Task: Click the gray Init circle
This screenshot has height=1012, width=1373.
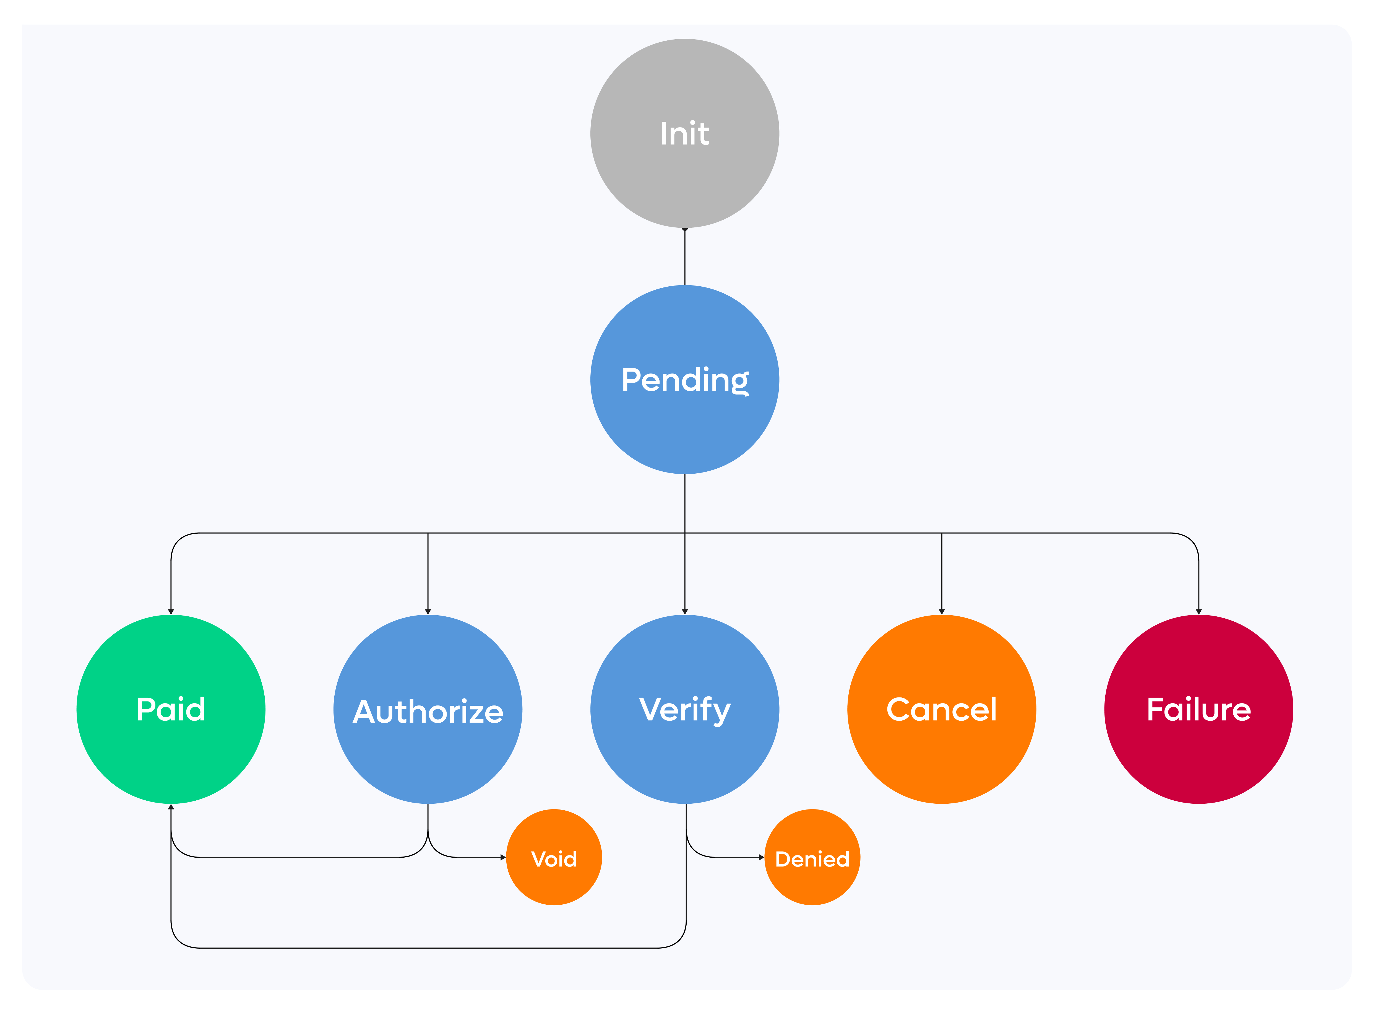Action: (x=685, y=134)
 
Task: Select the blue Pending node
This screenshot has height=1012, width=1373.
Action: (x=685, y=380)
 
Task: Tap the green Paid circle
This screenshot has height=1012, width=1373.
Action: (x=171, y=709)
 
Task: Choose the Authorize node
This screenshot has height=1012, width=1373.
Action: (x=428, y=709)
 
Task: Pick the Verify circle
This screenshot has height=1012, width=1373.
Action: (x=685, y=709)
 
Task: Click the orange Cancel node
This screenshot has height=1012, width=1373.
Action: (x=942, y=709)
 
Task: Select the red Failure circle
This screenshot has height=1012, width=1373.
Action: (x=1199, y=709)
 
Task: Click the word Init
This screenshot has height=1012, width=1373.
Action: (x=685, y=134)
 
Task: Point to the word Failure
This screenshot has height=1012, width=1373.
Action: (x=1199, y=709)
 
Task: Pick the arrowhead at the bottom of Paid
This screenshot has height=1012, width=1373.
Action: (x=171, y=807)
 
